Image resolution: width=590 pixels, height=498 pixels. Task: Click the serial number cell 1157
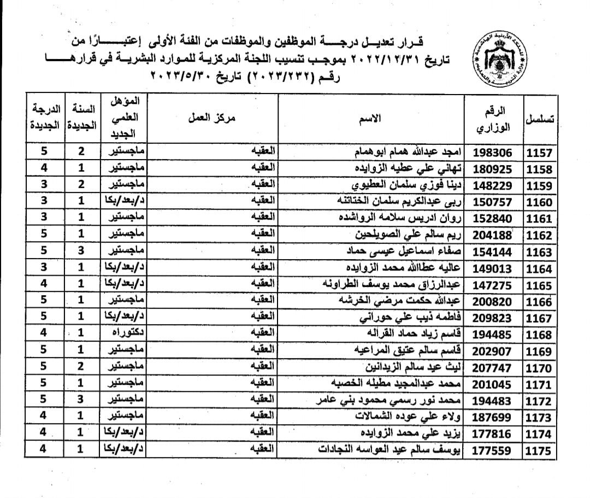click(x=539, y=153)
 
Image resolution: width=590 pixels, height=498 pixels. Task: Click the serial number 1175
click(x=539, y=452)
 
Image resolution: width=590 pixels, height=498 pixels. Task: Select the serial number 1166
click(x=539, y=301)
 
